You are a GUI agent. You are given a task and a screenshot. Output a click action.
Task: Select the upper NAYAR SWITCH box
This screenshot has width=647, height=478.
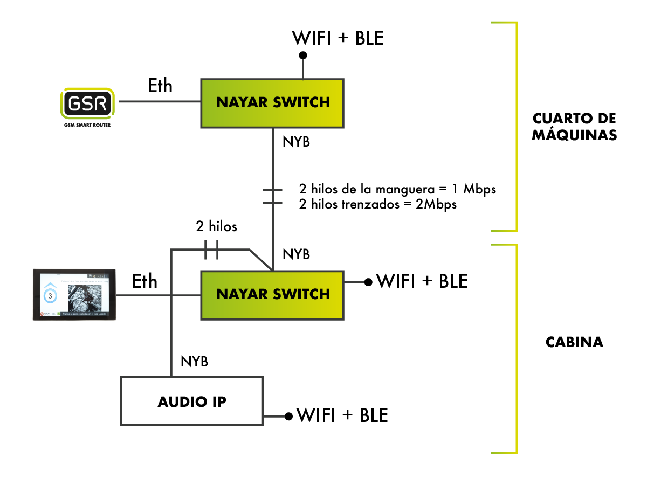[x=272, y=102]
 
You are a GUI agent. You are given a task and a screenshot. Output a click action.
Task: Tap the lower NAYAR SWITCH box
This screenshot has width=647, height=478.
[x=272, y=294]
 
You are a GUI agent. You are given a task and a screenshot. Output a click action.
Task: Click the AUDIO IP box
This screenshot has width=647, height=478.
[x=192, y=401]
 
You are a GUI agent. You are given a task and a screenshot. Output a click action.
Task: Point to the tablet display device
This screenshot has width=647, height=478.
[x=75, y=294]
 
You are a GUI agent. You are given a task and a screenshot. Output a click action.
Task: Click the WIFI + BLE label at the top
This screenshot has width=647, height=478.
[x=338, y=38]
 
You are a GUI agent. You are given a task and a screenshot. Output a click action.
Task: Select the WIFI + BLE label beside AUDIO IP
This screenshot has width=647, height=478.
[x=342, y=415]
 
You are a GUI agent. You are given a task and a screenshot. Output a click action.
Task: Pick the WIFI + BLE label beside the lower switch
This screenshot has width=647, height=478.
[x=422, y=281]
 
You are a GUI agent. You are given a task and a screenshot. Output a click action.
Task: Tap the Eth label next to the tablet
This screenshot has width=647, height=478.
[x=145, y=281]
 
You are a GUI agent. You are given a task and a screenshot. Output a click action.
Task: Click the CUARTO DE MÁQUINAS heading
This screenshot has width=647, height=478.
[x=574, y=127]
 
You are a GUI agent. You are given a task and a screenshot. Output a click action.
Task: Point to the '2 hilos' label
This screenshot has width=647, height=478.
[x=216, y=226]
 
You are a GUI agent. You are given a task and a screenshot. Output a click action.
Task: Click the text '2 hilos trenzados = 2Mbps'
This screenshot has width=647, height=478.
[x=378, y=204]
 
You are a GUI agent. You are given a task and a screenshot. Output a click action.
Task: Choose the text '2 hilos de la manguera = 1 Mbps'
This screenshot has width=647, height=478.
[x=397, y=190]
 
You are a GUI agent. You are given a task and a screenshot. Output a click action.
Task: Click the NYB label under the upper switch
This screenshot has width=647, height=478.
[x=296, y=143]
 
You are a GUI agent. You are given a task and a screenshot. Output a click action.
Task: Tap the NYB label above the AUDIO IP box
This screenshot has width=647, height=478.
[x=195, y=362]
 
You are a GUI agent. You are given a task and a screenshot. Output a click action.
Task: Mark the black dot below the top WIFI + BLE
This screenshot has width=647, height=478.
[x=303, y=55]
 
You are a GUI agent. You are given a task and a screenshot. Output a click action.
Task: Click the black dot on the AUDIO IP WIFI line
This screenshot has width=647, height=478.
[x=289, y=416]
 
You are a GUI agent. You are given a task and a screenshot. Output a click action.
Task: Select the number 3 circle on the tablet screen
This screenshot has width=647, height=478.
[x=51, y=296]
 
